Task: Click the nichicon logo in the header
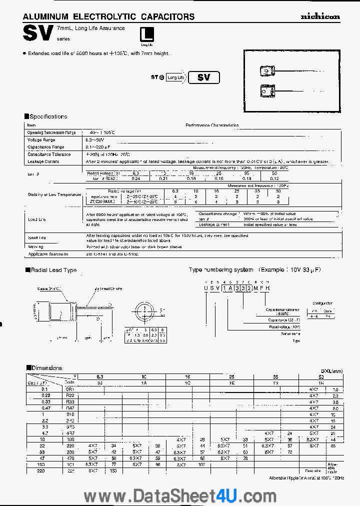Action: coord(320,16)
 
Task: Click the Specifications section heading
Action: coord(46,116)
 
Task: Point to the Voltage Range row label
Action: coord(41,140)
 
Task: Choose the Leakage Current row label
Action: coord(44,161)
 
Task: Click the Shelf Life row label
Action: coord(37,237)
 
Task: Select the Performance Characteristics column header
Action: coord(212,125)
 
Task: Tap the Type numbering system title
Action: coord(220,270)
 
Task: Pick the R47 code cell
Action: coord(70,408)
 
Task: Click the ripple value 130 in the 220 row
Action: coord(113,471)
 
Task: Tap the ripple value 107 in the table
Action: coord(202,464)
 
